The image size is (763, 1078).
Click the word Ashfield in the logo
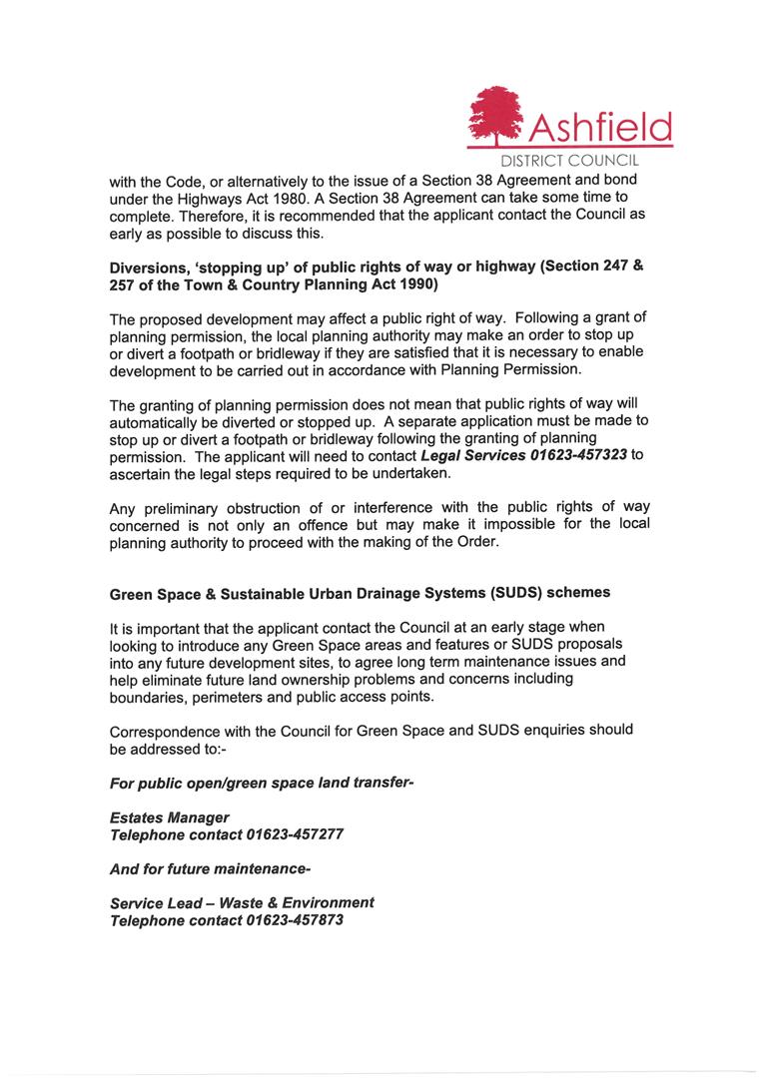coord(599,127)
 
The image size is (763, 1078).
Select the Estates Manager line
coord(169,817)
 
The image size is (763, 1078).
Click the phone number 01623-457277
coord(295,834)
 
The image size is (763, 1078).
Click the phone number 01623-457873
coord(295,920)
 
